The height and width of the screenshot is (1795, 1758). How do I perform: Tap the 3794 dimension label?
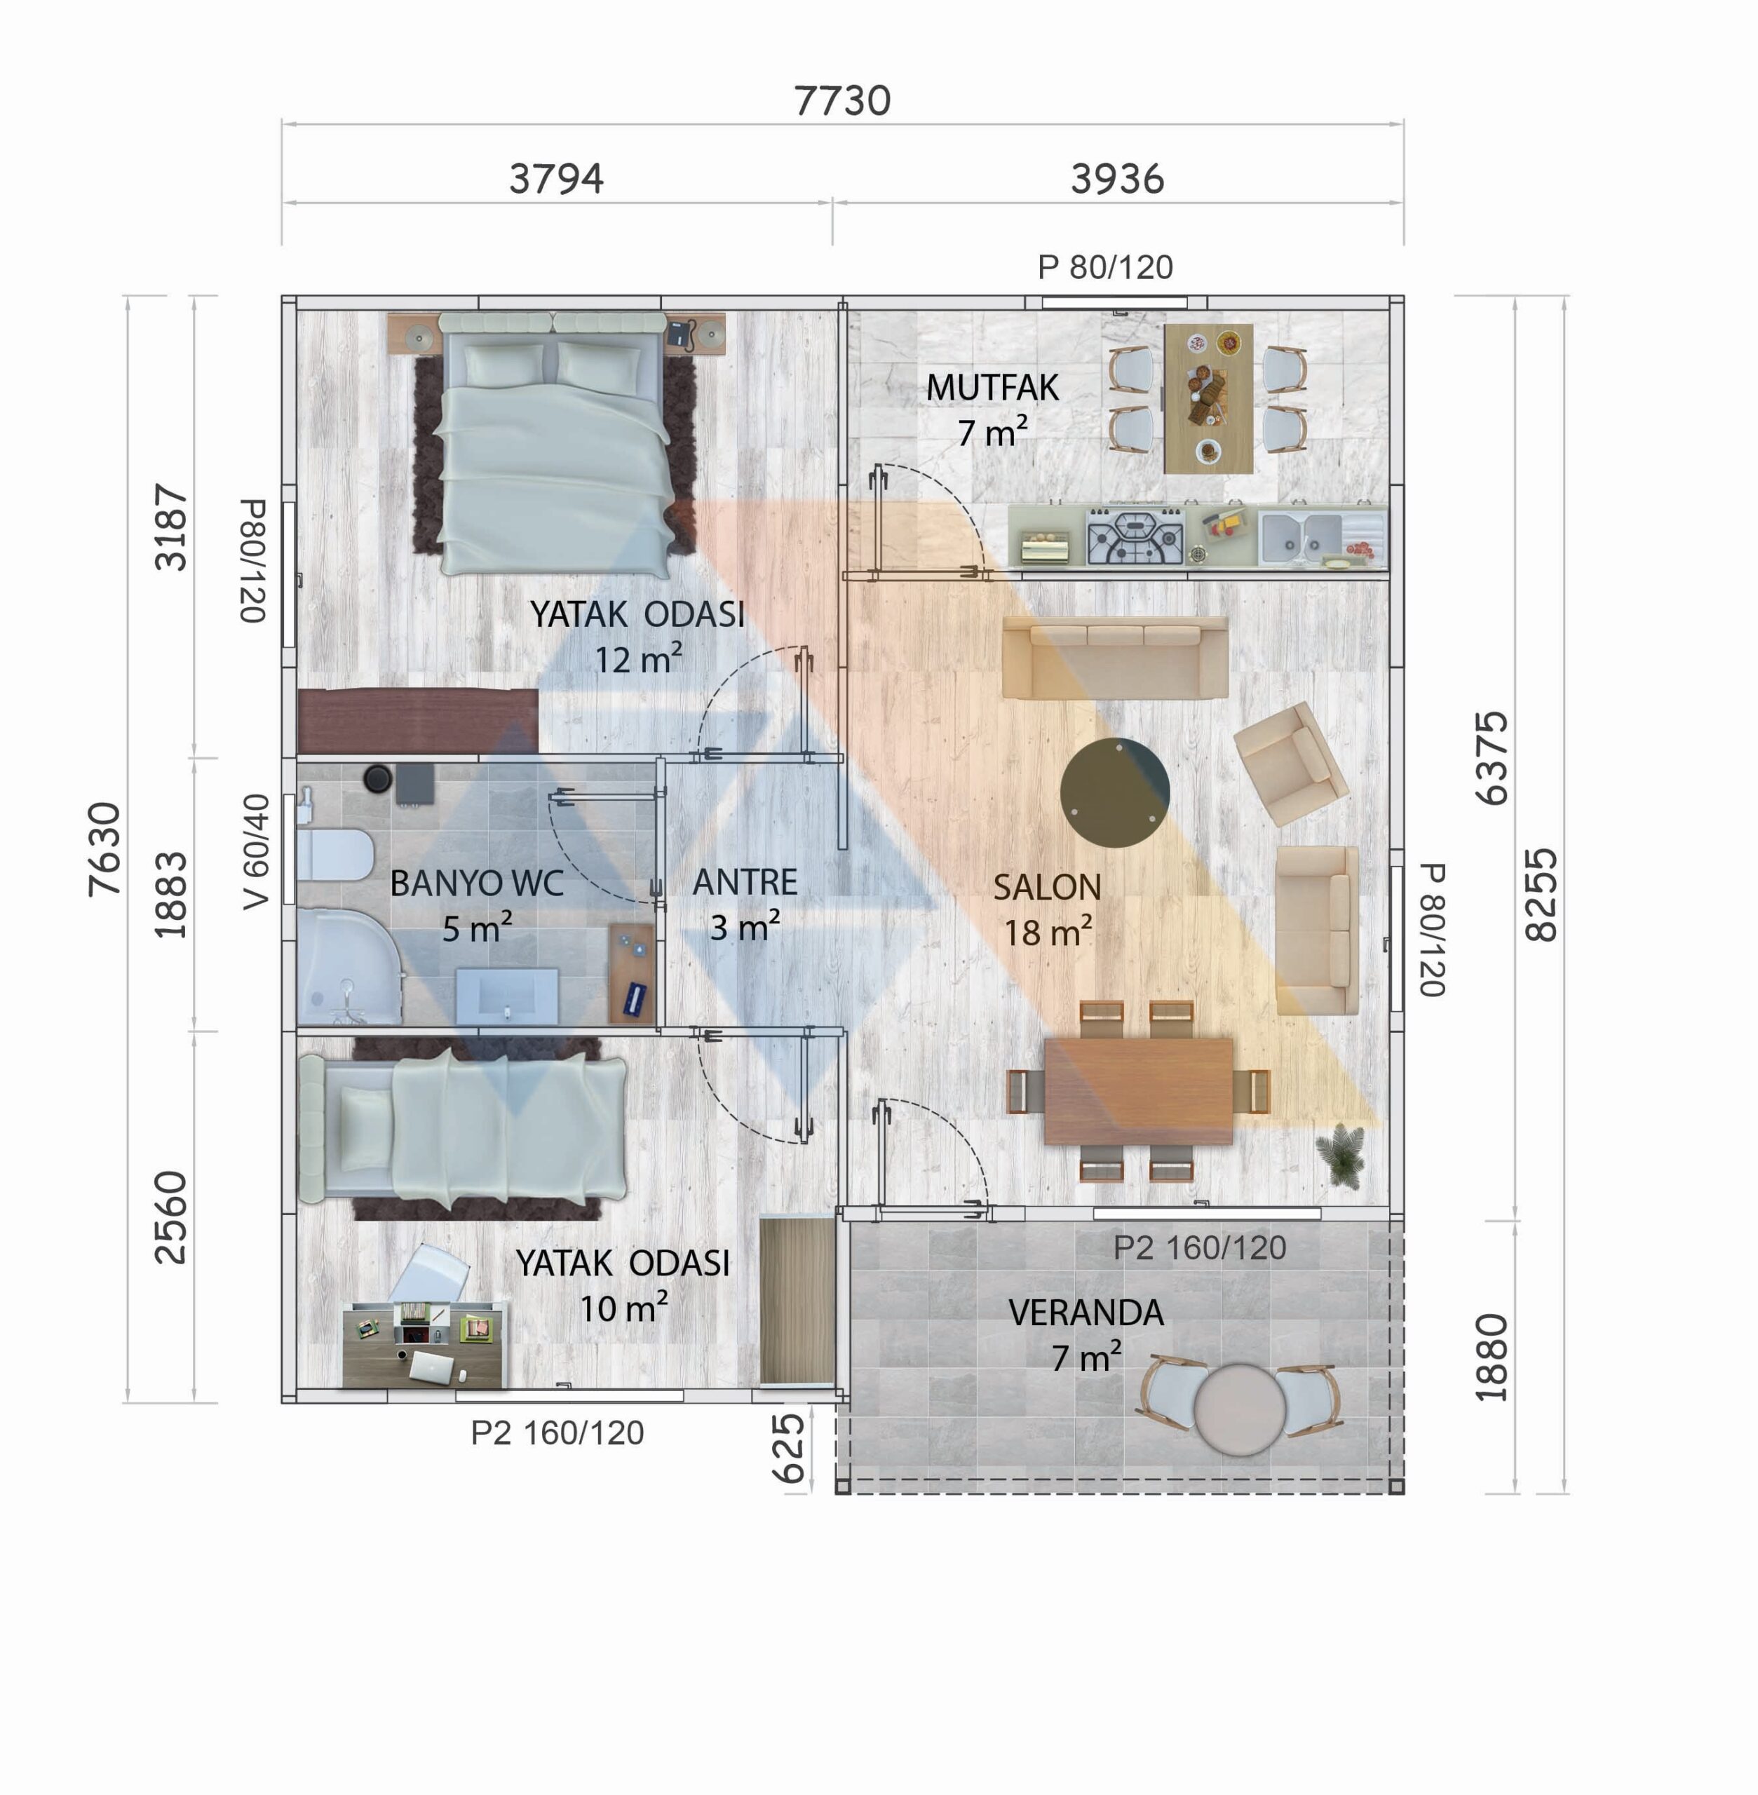pyautogui.click(x=556, y=178)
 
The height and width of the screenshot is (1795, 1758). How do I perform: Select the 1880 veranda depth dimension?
pyautogui.click(x=1491, y=1357)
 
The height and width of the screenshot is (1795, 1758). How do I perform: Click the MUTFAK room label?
pyautogui.click(x=992, y=388)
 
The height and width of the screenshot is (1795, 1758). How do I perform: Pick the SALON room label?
pyautogui.click(x=1047, y=888)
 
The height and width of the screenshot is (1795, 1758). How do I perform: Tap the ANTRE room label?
pyautogui.click(x=745, y=883)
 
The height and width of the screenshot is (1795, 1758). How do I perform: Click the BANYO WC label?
pyautogui.click(x=476, y=883)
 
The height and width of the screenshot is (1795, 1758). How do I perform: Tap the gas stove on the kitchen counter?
pyautogui.click(x=1135, y=536)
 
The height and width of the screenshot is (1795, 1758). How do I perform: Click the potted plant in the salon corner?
pyautogui.click(x=1341, y=1153)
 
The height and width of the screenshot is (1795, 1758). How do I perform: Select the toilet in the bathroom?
pyautogui.click(x=334, y=855)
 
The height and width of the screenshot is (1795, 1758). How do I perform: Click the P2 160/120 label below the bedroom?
pyautogui.click(x=557, y=1433)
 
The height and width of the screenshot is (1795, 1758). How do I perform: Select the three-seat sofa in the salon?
pyautogui.click(x=1114, y=658)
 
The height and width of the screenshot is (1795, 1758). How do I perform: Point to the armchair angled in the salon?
pyautogui.click(x=1292, y=764)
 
